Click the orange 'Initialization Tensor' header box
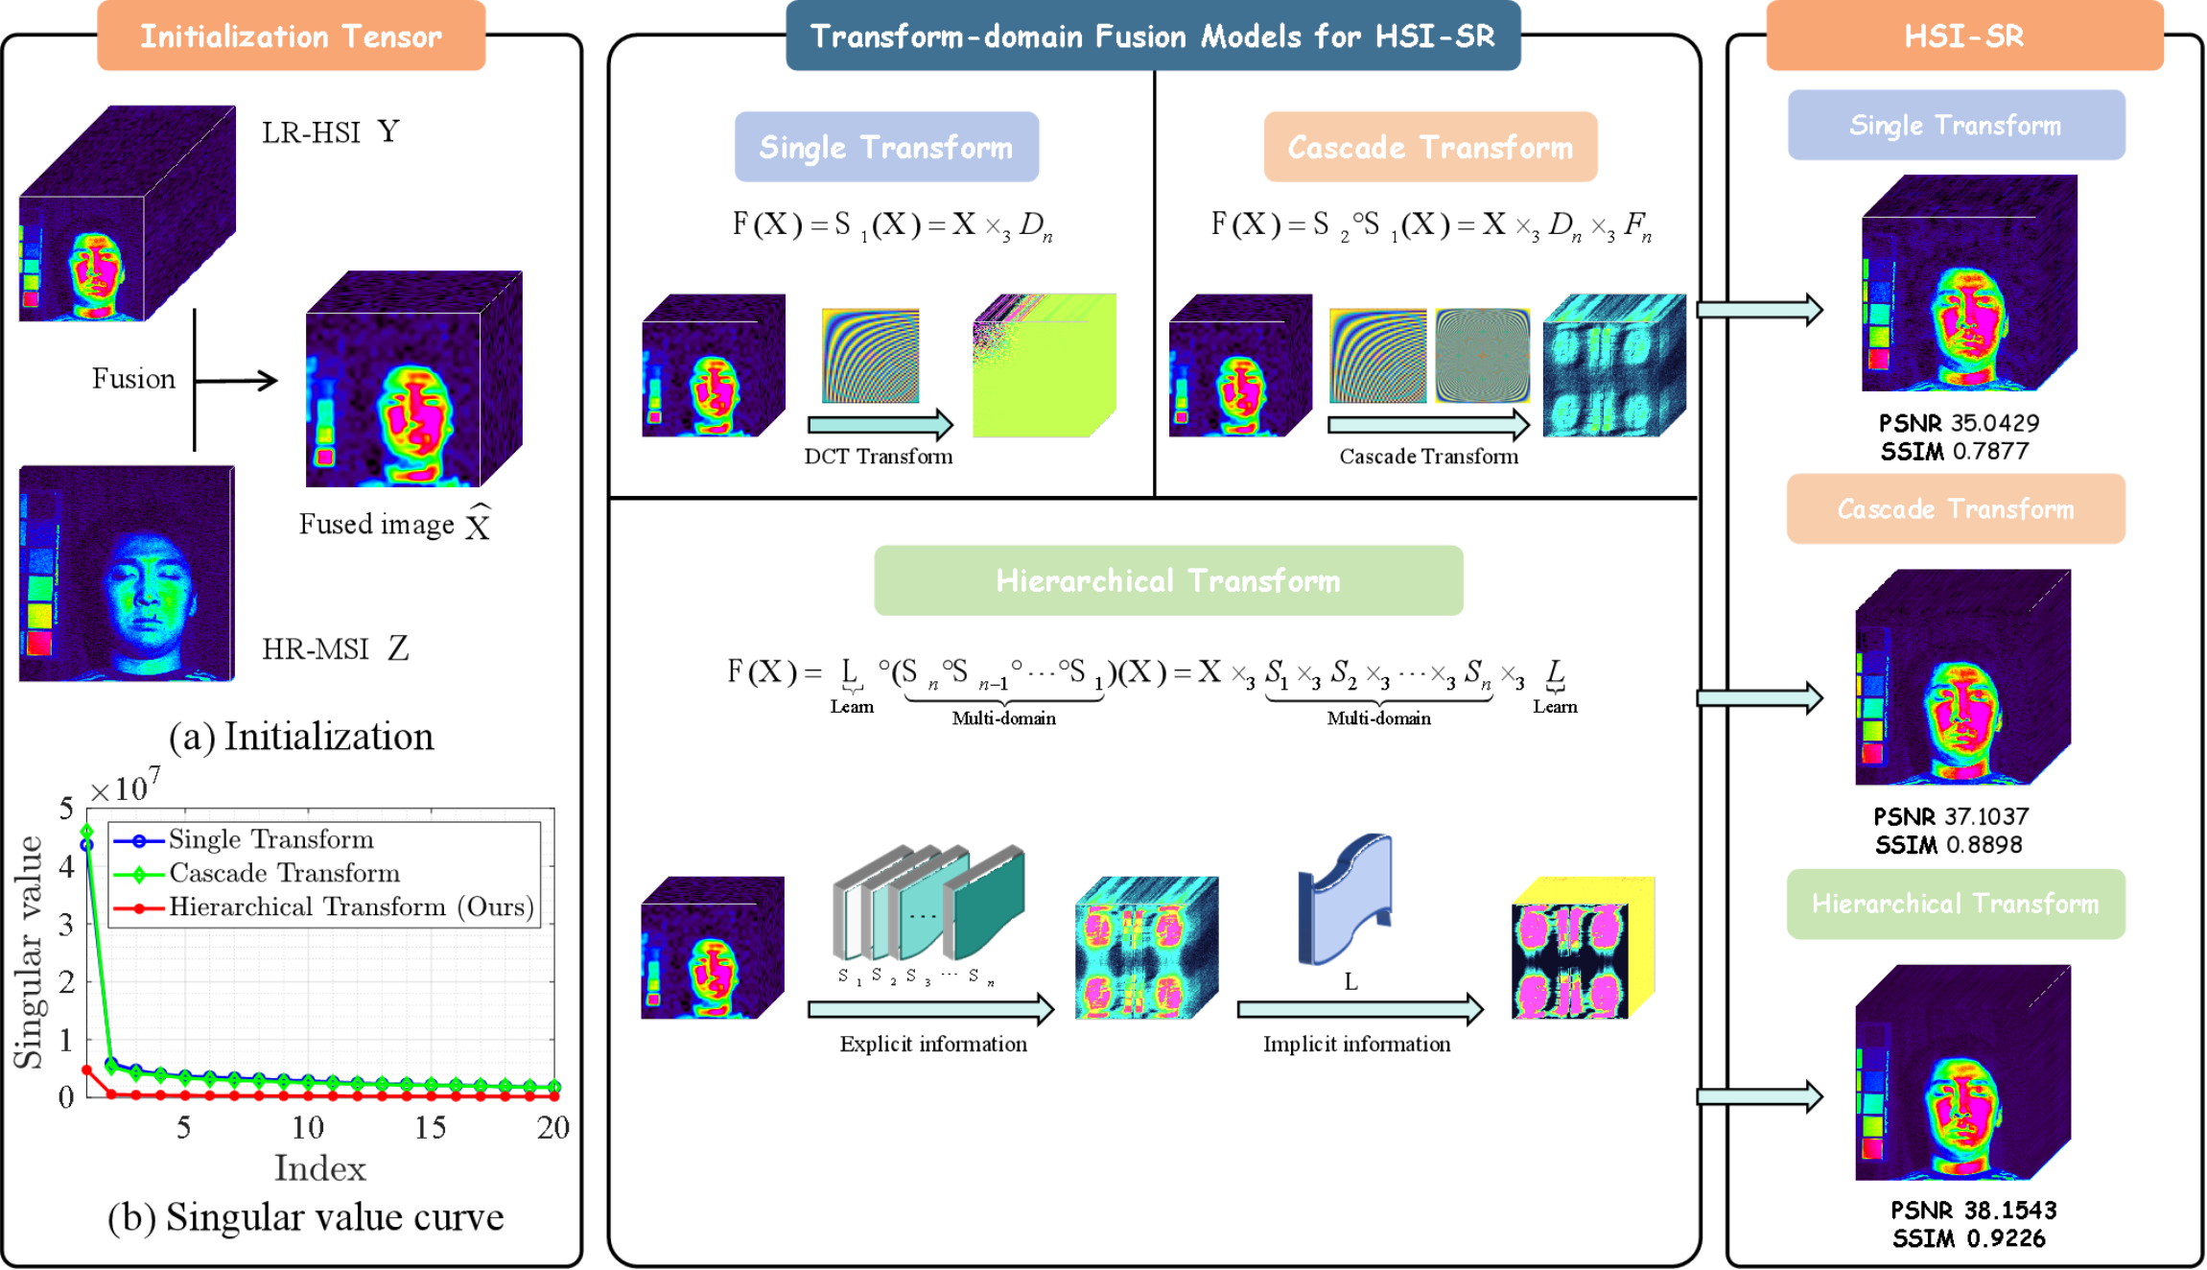[291, 36]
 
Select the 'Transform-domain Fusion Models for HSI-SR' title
[1153, 36]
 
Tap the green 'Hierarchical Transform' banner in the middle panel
[1168, 580]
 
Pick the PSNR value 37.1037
[1989, 816]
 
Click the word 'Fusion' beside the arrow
[133, 379]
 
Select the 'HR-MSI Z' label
[336, 649]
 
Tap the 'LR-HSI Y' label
[331, 132]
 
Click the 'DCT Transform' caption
[879, 457]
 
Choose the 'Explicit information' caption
[933, 1044]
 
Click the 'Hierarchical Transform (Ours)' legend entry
[351, 906]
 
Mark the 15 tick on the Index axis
[431, 1127]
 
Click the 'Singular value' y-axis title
[29, 952]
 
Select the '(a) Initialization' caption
[301, 737]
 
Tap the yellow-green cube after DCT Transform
[1045, 365]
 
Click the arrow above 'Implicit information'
[1360, 1009]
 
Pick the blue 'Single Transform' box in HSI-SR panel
[1956, 125]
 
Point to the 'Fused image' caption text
[377, 525]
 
